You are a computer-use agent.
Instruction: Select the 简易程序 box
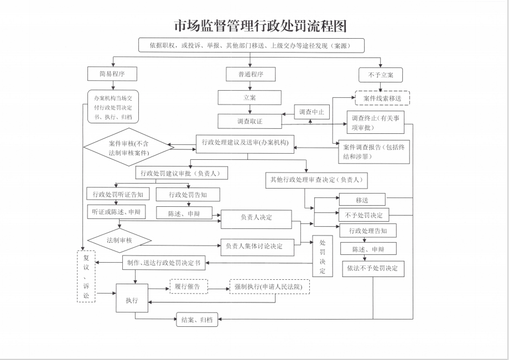112,74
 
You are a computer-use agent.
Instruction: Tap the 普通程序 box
251,74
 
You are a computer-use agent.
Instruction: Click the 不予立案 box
380,75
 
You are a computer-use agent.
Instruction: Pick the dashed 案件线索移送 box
382,98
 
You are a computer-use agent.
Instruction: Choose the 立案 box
250,97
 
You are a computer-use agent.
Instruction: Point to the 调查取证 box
250,121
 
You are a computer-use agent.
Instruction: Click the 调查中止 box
311,112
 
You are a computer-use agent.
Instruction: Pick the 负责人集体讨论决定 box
261,246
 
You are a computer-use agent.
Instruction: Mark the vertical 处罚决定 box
323,257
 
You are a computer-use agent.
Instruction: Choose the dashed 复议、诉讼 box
86,276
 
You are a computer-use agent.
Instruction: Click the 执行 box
132,300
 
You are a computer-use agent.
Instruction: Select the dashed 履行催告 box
189,286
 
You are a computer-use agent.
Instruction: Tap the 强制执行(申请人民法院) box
269,286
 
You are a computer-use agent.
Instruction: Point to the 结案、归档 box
197,320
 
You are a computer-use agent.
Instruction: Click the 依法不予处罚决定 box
372,269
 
